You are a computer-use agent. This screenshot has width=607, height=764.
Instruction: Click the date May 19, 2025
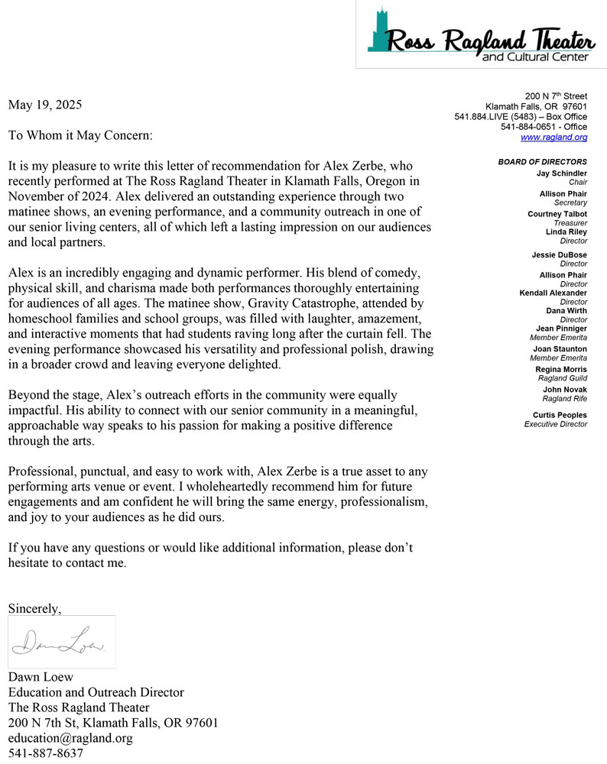click(x=45, y=105)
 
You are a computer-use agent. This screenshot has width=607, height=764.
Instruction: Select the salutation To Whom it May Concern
click(x=80, y=135)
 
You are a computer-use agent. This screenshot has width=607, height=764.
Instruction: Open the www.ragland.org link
click(x=553, y=138)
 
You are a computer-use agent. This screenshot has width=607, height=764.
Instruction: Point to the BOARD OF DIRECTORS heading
click(x=542, y=162)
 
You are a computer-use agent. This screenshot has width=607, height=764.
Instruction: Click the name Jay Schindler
click(x=562, y=173)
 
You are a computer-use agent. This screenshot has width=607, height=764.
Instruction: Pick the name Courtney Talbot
click(x=557, y=215)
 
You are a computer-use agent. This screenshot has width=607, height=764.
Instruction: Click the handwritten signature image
click(x=61, y=642)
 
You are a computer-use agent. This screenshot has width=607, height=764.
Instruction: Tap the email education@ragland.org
click(x=70, y=738)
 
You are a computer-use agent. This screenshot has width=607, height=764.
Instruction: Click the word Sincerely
click(x=34, y=608)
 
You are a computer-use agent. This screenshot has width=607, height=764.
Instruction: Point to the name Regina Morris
click(x=561, y=370)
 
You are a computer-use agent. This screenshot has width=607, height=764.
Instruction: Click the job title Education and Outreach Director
click(x=96, y=692)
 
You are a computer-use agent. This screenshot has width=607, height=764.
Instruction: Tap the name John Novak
click(x=565, y=390)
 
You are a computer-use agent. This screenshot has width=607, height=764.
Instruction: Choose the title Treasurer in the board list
click(x=569, y=223)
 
